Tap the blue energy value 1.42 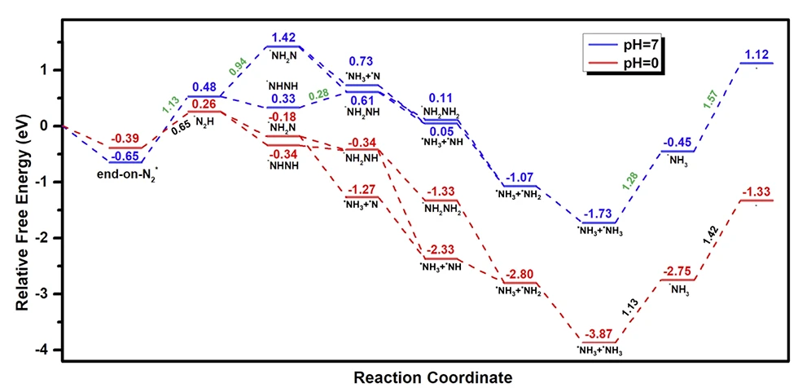click(284, 37)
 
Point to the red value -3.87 click(602, 333)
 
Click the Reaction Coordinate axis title click(433, 377)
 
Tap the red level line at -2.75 click(677, 280)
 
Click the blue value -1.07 click(520, 177)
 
